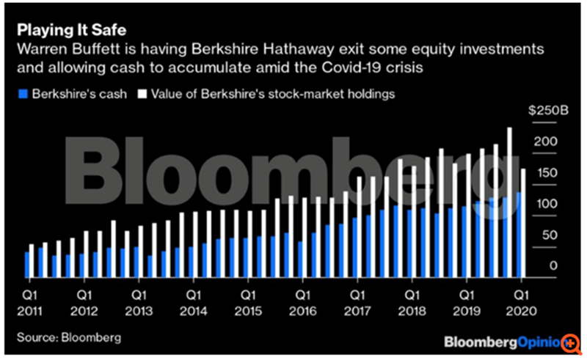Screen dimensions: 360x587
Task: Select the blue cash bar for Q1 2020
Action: click(518, 235)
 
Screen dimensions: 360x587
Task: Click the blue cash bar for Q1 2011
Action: click(27, 265)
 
